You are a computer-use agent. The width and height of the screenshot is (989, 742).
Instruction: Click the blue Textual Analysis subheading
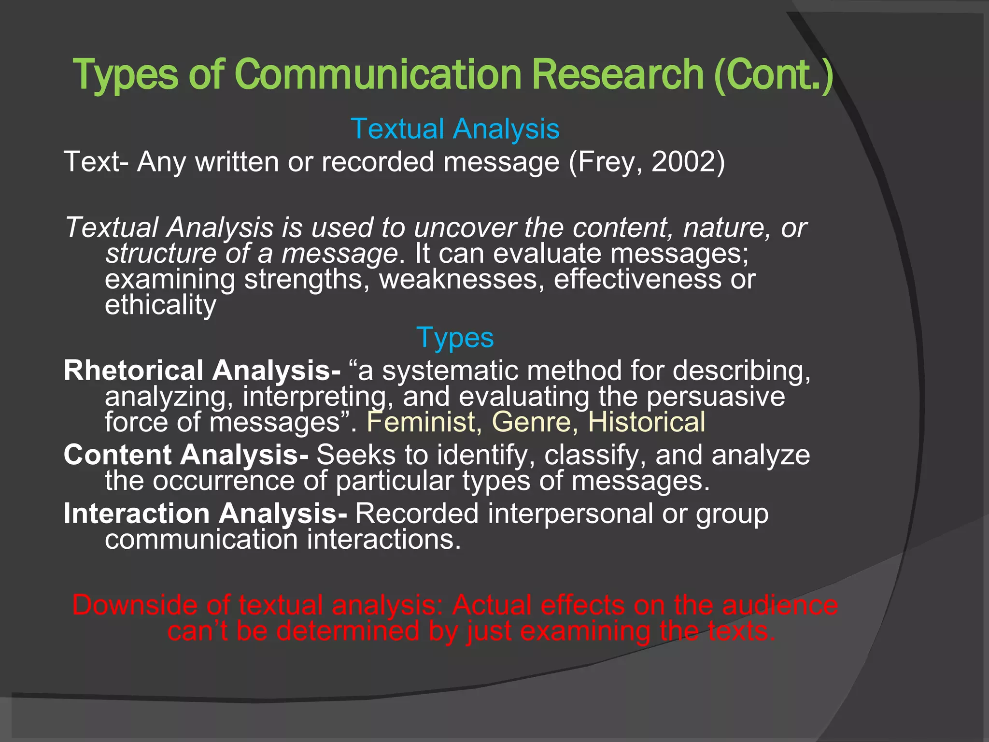(455, 129)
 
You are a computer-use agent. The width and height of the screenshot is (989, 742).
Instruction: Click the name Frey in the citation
(607, 162)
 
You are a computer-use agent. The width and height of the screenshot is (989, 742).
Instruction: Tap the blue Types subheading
(455, 338)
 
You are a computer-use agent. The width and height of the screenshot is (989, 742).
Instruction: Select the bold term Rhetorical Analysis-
(202, 371)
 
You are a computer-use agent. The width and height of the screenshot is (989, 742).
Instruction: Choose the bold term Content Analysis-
(186, 455)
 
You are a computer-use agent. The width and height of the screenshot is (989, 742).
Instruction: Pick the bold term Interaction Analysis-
(205, 513)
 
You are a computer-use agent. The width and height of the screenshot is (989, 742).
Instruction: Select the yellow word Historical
(646, 422)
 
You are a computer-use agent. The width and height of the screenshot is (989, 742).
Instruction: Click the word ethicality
(161, 305)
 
